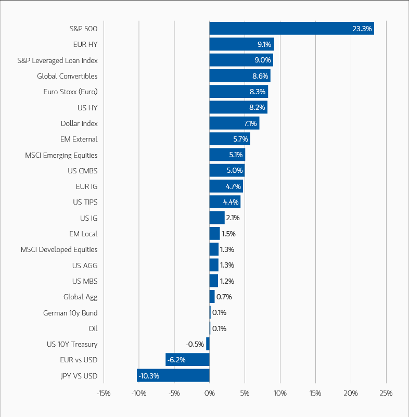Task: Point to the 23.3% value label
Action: click(x=362, y=29)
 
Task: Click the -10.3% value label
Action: click(x=149, y=376)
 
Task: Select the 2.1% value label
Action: click(x=233, y=218)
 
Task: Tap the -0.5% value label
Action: click(x=195, y=344)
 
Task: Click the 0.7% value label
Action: click(x=224, y=297)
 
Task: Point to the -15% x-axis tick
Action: click(x=104, y=393)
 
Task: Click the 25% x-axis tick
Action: click(x=386, y=393)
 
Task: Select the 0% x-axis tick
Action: click(x=210, y=393)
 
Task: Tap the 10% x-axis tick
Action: click(x=280, y=393)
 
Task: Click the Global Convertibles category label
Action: click(x=67, y=76)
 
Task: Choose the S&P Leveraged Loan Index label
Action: click(x=57, y=60)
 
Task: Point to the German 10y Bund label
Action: click(x=70, y=313)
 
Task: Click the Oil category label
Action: click(x=93, y=328)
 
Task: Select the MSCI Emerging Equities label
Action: click(x=61, y=155)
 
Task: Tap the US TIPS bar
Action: click(x=225, y=202)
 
